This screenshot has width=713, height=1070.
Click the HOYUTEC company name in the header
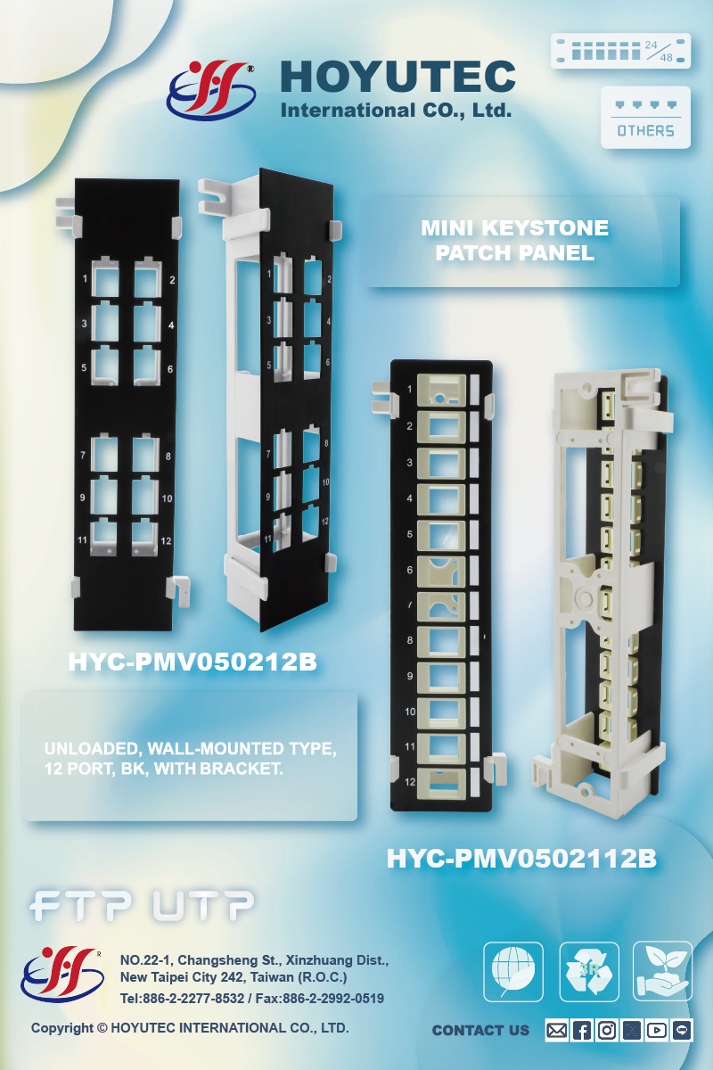tap(397, 77)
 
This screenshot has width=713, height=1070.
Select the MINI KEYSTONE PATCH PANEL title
tap(515, 241)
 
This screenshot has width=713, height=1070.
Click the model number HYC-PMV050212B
tap(193, 663)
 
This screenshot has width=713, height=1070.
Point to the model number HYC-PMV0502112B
tap(521, 859)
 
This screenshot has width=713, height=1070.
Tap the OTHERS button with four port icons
tap(645, 117)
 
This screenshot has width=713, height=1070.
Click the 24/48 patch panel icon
tap(621, 51)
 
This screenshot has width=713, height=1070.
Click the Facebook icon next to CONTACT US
tap(581, 1030)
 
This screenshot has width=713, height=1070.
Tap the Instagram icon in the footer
tap(607, 1030)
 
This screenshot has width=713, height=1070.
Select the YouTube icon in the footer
tap(657, 1030)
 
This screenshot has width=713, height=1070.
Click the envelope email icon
tap(556, 1030)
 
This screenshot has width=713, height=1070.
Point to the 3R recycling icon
tap(588, 971)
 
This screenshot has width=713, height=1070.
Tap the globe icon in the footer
tap(513, 971)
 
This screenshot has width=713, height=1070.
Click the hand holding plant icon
tap(662, 971)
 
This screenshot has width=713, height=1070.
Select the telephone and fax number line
tap(252, 999)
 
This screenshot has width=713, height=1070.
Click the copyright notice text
tap(190, 1028)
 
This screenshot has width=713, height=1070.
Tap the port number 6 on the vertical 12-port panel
tap(410, 570)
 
